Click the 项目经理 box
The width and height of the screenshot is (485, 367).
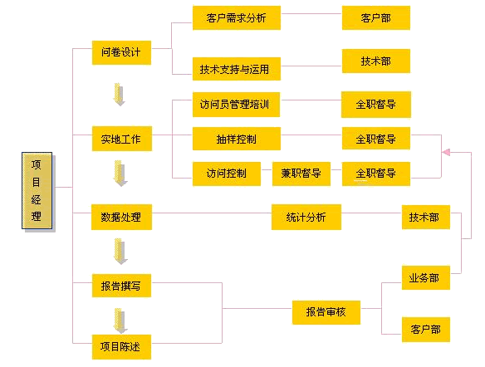coord(37,190)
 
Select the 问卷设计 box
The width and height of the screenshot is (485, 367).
coord(121,52)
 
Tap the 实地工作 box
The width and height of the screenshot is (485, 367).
coord(122,139)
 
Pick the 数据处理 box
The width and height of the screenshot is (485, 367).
coord(121,217)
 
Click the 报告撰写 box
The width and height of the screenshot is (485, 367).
coord(121,286)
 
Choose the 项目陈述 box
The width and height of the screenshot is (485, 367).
coord(121,347)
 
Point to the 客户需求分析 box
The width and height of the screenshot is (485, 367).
coord(237,18)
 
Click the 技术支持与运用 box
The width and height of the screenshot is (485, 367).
coord(237,69)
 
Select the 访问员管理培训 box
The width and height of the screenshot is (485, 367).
coord(237,105)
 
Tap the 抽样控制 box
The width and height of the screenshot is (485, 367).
coord(237,139)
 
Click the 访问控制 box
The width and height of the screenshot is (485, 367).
coord(227,174)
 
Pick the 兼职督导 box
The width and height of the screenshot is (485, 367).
coord(301,174)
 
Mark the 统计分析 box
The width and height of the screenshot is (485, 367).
coord(306,217)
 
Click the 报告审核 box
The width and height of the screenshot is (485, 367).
coord(326,312)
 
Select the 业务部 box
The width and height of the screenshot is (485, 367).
coord(426,277)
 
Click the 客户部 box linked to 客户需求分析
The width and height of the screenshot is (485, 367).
coord(376,18)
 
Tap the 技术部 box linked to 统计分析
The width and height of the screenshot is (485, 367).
coord(426,217)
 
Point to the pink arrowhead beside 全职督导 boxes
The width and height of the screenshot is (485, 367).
coord(446,152)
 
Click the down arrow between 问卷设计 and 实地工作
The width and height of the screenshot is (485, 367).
coord(120,95)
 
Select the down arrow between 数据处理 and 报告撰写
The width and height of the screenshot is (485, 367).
coord(120,252)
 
